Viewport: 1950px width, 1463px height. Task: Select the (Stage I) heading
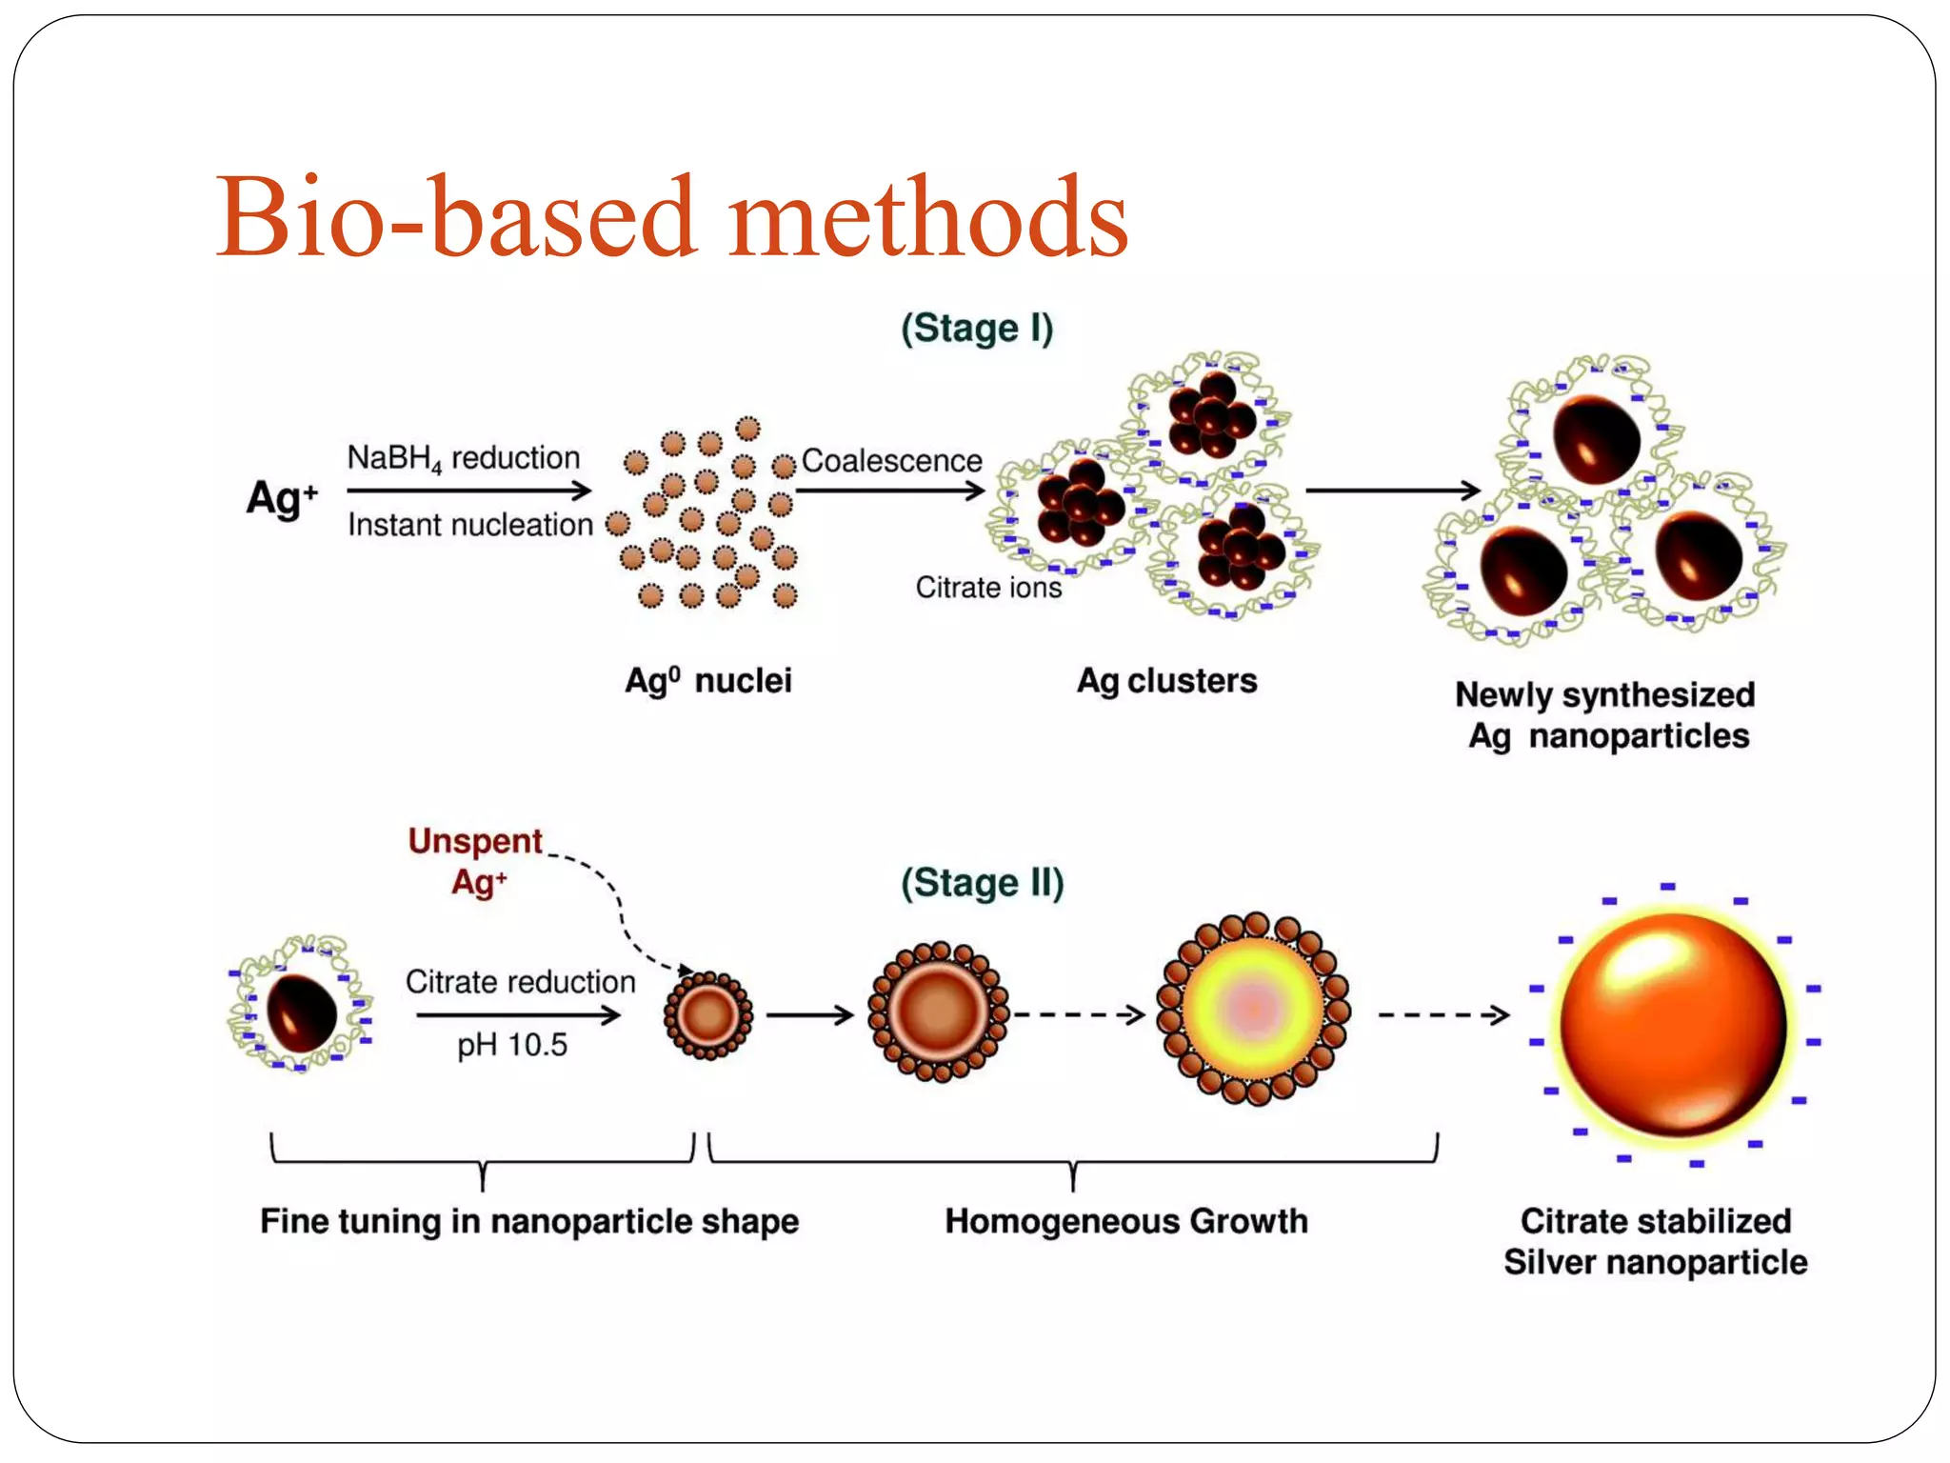977,329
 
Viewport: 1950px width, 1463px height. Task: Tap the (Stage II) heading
982,883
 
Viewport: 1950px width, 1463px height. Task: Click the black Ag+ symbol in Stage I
281,497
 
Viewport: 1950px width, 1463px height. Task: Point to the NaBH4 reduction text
463,458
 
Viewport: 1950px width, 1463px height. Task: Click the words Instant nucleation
469,525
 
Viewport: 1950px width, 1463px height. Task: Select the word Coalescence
891,461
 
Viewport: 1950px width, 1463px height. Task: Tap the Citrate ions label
988,588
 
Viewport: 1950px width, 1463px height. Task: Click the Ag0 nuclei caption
707,681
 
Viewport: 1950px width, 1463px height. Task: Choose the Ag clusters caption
1166,681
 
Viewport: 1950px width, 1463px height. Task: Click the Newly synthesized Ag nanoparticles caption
1606,715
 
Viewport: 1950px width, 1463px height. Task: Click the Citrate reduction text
520,982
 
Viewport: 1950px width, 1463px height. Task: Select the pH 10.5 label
511,1046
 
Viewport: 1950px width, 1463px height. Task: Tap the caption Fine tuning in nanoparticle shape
529,1222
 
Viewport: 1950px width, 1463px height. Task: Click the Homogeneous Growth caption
1126,1222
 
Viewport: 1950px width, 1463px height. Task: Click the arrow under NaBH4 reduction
468,491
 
